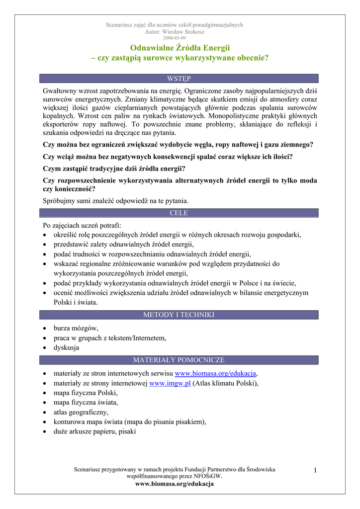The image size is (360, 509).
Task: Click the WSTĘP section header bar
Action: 180,79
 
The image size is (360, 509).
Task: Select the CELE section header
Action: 180,213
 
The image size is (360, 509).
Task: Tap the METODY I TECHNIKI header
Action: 180,315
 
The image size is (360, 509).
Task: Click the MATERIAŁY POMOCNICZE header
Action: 180,360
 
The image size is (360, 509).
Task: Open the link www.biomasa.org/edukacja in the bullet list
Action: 215,374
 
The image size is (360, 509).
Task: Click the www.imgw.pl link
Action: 170,383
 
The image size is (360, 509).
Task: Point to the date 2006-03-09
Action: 175,38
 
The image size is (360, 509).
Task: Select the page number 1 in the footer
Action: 315,470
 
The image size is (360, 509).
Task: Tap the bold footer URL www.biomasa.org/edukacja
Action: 175,484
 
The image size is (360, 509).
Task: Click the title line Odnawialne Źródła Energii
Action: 180,48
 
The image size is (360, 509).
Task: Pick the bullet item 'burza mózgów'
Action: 76,328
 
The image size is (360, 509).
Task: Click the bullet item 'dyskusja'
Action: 66,348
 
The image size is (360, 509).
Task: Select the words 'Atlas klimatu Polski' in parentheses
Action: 227,383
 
